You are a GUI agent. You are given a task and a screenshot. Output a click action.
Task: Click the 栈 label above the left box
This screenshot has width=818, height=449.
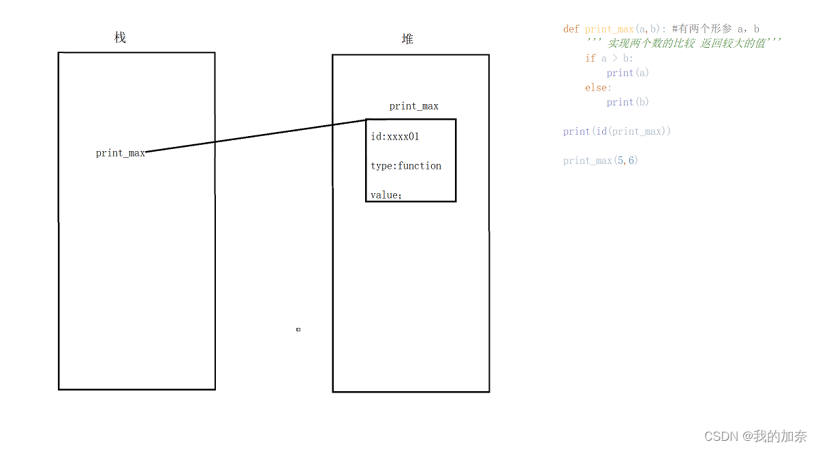tap(120, 38)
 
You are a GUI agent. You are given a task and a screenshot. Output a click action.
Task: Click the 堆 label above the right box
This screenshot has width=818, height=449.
tap(407, 39)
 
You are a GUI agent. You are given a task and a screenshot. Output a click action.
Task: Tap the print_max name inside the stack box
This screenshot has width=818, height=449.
tap(121, 153)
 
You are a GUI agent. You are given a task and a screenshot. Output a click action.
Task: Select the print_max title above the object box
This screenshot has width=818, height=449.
tap(413, 106)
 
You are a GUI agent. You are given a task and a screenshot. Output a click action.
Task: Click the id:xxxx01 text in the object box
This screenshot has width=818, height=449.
tap(395, 137)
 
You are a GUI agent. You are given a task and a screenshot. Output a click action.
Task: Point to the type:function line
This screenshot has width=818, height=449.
tap(406, 166)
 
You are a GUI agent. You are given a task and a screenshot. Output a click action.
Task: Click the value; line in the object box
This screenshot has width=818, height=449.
tap(386, 195)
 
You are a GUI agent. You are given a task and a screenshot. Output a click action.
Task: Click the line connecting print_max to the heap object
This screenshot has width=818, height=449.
tap(255, 137)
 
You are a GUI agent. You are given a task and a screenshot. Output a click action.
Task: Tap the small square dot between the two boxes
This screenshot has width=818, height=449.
tap(298, 329)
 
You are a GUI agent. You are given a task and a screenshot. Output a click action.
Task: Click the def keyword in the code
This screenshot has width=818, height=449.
tap(571, 29)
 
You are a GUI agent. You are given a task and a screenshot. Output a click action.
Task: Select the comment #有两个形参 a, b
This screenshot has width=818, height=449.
tap(715, 29)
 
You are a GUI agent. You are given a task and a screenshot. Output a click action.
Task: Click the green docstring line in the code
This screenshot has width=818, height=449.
tap(683, 44)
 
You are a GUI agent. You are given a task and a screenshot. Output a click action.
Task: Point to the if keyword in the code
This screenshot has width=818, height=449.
tap(590, 59)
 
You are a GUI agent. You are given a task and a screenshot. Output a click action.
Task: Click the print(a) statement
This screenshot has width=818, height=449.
tap(627, 73)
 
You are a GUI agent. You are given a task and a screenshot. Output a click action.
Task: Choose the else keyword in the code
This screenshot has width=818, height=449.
tap(597, 88)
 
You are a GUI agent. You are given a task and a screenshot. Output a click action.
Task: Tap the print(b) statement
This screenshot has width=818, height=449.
tap(627, 102)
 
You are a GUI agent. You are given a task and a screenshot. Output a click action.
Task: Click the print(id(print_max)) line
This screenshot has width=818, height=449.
tap(616, 131)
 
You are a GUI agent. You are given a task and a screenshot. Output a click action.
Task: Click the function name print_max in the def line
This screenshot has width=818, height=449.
tap(609, 29)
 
